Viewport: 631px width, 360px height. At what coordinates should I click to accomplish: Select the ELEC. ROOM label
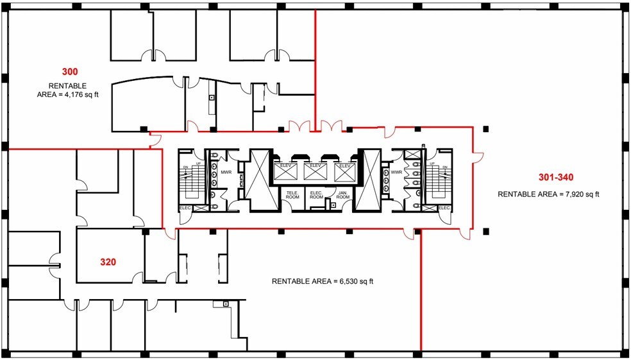click(x=315, y=194)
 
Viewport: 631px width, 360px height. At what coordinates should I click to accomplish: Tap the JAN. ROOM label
click(x=342, y=194)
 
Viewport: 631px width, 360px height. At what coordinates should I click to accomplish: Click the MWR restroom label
click(x=226, y=172)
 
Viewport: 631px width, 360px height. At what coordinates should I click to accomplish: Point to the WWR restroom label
click(x=395, y=172)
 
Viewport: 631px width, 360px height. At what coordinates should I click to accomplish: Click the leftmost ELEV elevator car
click(x=286, y=169)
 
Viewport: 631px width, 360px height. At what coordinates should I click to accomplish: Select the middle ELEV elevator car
click(x=314, y=169)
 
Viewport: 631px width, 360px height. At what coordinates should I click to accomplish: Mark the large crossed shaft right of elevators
click(x=369, y=180)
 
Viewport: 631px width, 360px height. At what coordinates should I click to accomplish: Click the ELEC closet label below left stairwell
click(x=185, y=208)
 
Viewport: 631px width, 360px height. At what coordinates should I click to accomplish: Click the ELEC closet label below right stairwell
click(x=443, y=208)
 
